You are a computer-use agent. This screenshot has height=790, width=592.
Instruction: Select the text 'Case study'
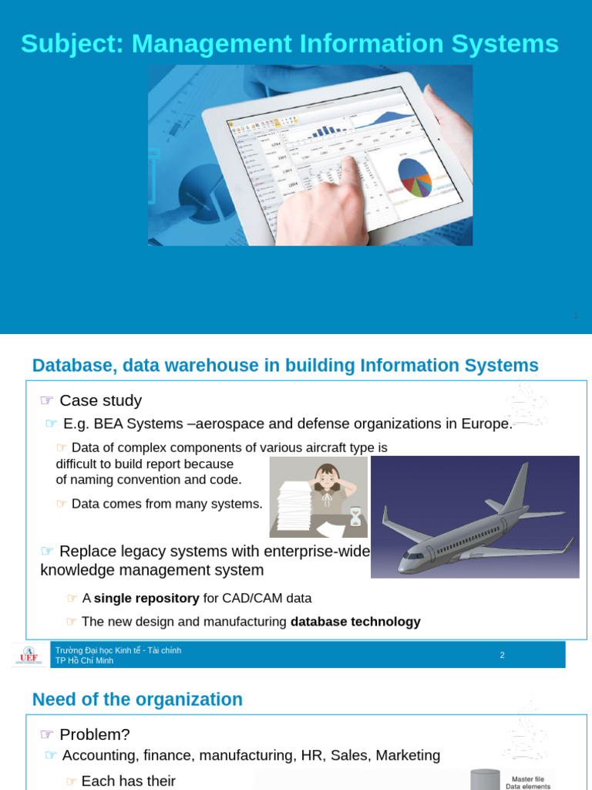pos(101,400)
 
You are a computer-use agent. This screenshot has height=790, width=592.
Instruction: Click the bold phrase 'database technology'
pos(355,621)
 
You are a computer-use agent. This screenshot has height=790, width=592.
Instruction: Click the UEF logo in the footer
pos(29,655)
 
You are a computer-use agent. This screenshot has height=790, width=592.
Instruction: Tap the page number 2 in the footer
pos(502,655)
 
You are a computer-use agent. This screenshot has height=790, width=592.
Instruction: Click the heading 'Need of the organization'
pos(137,700)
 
